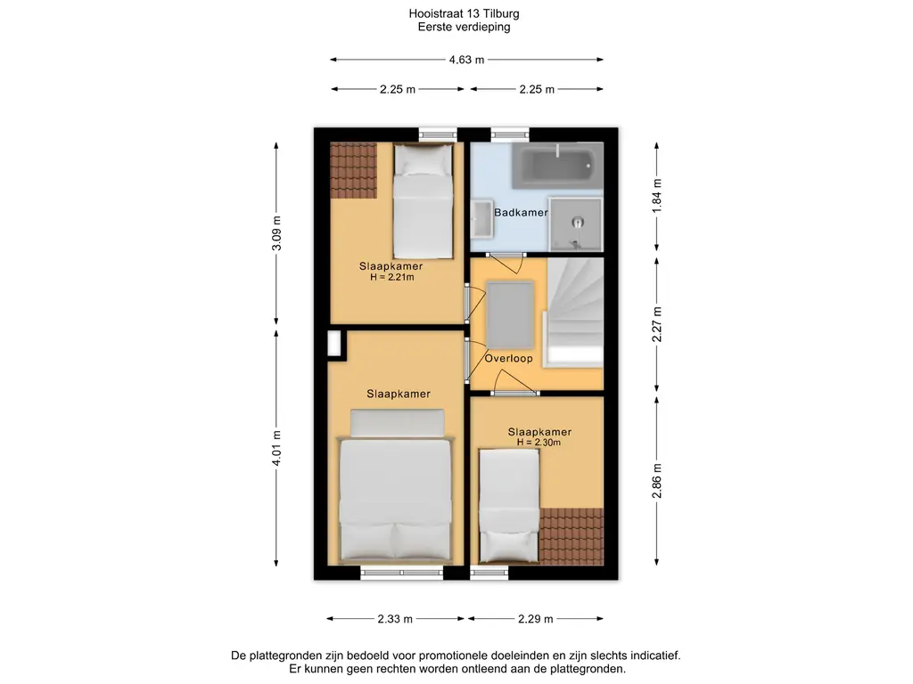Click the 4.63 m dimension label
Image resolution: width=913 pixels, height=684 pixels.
tap(466, 60)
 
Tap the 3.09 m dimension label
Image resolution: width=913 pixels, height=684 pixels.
tap(276, 233)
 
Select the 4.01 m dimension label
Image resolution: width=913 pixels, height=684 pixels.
tap(276, 448)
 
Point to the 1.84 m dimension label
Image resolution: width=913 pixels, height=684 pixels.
tap(657, 195)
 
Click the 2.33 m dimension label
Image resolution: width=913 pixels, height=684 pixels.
tap(395, 619)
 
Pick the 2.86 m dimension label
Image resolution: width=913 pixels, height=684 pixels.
tap(657, 480)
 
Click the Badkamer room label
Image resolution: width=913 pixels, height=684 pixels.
tap(521, 212)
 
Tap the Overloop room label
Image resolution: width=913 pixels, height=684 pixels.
tap(508, 358)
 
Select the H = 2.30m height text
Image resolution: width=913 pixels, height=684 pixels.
tap(539, 443)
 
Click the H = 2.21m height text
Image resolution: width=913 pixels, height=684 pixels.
tap(392, 278)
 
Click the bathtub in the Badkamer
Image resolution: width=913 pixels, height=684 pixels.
tap(557, 165)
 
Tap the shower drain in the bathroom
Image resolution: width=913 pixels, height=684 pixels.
tap(577, 222)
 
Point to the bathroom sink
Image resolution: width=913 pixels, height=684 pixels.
tap(481, 219)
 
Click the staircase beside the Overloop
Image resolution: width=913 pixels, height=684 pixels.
tap(573, 313)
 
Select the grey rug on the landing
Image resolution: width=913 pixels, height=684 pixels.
tap(510, 314)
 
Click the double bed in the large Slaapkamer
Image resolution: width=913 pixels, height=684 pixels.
tap(397, 484)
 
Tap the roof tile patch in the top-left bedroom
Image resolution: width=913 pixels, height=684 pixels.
tap(353, 170)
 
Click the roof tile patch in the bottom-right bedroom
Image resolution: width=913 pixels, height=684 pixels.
tap(571, 536)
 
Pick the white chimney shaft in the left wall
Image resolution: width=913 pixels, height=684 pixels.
tap(333, 343)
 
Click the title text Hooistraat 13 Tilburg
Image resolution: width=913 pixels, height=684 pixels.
tap(464, 13)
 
